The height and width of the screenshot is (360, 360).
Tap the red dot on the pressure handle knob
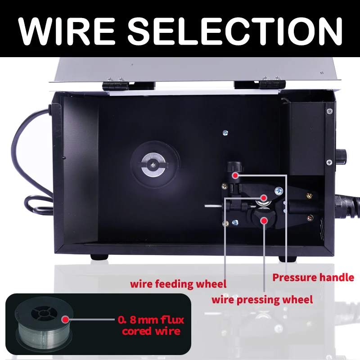pos(235,175)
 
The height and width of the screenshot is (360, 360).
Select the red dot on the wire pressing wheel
pos(264,220)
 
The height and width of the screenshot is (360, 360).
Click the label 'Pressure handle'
pos(313,277)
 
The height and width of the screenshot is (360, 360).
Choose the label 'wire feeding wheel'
pos(178,284)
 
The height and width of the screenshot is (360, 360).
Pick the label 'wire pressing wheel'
pos(262,299)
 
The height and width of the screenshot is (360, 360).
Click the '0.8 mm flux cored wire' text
pos(151,326)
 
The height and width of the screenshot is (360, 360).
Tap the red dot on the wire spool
pos(66,320)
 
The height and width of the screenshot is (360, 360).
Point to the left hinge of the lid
pos(115,84)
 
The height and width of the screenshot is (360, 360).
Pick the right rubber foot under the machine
pos(287,258)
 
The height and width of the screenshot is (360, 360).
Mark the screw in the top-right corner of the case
pos(330,111)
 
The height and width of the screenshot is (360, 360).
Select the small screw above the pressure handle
pos(225,132)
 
